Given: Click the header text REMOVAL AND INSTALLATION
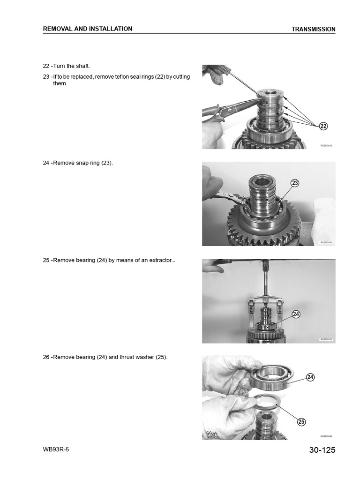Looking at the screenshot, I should [88, 29].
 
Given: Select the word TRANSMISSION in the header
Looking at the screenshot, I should [313, 29].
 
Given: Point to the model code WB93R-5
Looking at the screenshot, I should [58, 449].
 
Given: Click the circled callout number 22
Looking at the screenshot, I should [323, 126].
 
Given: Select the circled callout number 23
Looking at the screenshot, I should [295, 183].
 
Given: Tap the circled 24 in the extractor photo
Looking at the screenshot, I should [296, 314].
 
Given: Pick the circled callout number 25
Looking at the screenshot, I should [301, 422].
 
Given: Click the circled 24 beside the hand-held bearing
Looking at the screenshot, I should [310, 377].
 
